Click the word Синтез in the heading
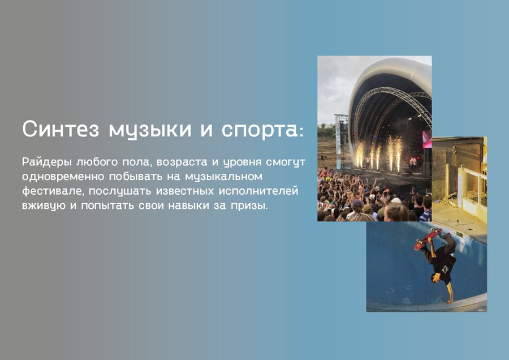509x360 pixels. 61,129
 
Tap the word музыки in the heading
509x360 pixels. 150,130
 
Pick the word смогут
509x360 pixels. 286,162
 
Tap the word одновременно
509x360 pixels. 63,177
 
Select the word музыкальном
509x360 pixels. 223,177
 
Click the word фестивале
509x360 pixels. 51,191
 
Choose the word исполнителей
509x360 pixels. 258,191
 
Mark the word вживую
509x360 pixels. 44,206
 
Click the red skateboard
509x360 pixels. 428,238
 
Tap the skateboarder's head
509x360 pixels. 436,278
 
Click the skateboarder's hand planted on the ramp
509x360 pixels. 450,301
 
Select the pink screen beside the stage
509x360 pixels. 427,139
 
